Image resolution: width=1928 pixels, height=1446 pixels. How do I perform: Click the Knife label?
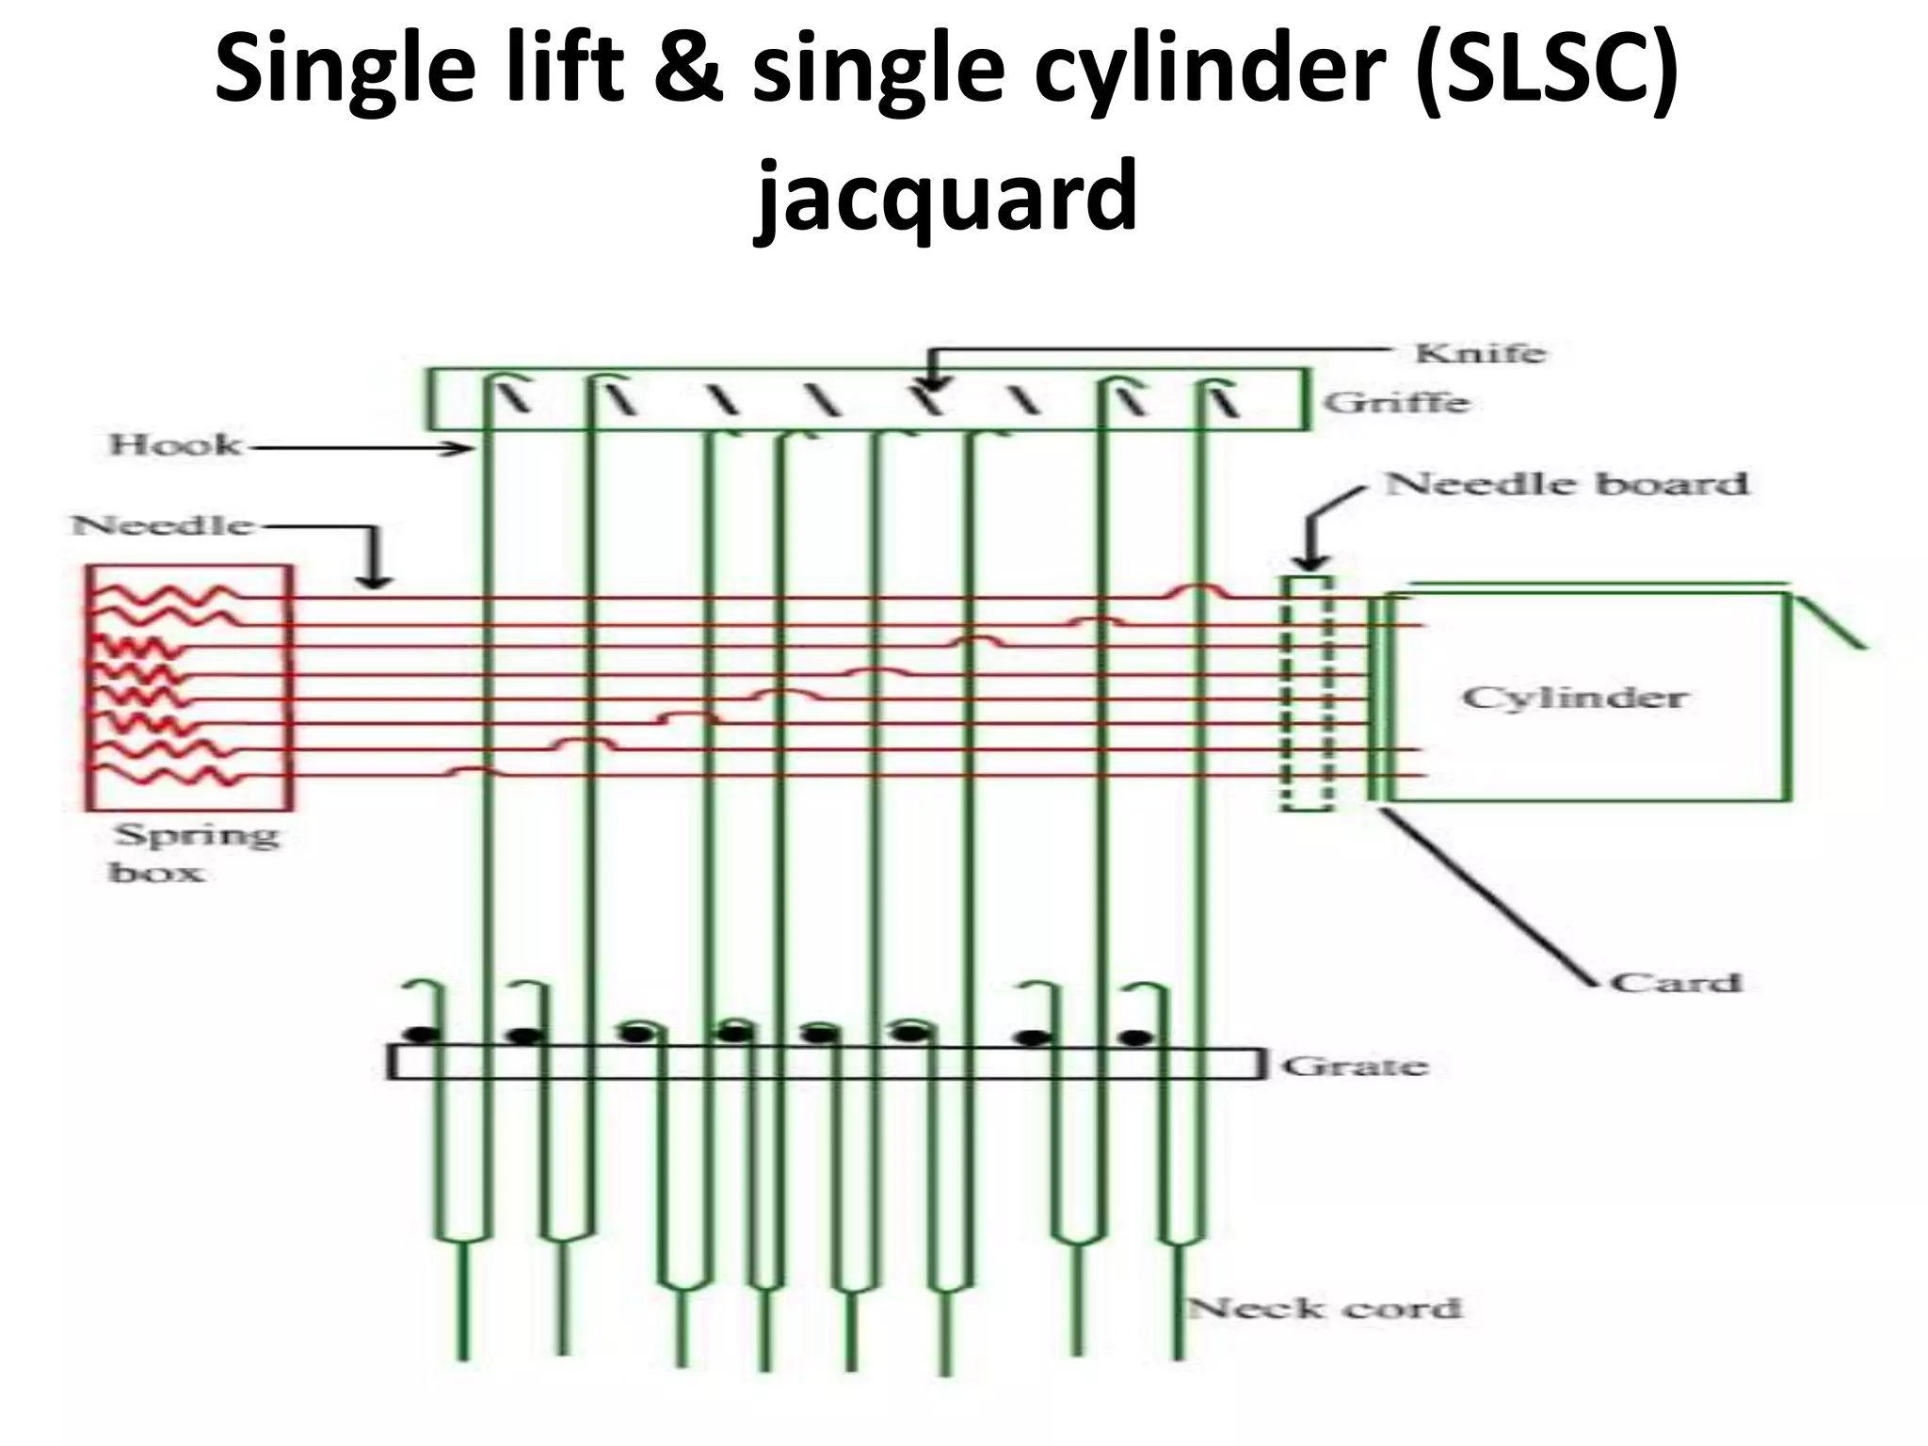1480,353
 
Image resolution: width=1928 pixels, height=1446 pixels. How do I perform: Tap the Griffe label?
1396,403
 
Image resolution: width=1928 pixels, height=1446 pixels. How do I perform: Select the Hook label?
175,444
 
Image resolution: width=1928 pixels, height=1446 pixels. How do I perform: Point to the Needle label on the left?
163,524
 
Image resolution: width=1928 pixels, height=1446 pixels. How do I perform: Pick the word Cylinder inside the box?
1574,698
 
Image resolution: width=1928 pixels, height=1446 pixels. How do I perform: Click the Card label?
1677,983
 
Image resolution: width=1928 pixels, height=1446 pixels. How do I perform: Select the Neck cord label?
1325,1309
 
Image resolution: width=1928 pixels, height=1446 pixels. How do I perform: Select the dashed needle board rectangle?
1308,693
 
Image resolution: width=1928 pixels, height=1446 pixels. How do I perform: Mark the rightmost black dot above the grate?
1136,1038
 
